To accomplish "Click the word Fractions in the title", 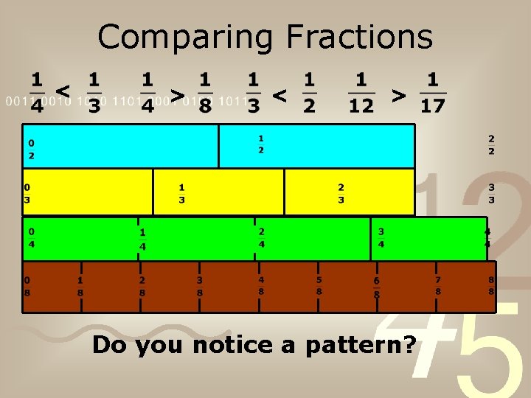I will (x=359, y=37).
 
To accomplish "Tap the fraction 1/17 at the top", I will (x=433, y=92).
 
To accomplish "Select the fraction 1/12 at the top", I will (x=361, y=92).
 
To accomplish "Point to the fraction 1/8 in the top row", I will (x=205, y=92).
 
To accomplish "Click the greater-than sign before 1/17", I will (x=398, y=94).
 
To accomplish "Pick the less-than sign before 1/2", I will (x=279, y=95).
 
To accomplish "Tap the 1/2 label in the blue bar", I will (x=261, y=144).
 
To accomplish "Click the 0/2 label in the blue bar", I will (x=31, y=149).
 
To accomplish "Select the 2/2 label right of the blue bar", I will (x=491, y=144).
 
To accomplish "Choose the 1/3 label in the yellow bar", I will (x=181, y=193).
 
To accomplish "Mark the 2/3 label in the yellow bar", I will (x=341, y=193).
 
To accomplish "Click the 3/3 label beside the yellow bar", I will (x=491, y=193).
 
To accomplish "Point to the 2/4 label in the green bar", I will (x=261, y=237).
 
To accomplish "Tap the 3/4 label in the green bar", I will (x=381, y=237).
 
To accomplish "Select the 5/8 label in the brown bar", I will (x=319, y=285).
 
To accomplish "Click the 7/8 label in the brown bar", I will (x=438, y=285).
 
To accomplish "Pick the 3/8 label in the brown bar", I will (x=199, y=286).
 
